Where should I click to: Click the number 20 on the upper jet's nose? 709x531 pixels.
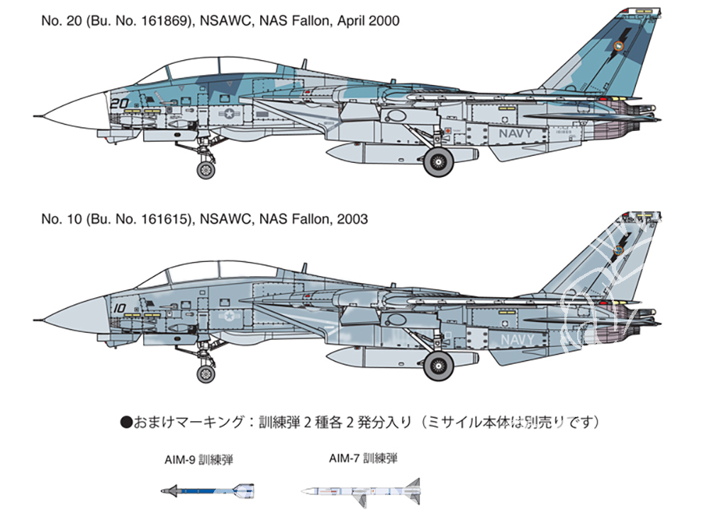119,103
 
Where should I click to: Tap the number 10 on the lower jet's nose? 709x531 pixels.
119,309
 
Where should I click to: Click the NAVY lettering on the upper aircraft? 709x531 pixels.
516,134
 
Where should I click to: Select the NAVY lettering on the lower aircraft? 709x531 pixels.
518,340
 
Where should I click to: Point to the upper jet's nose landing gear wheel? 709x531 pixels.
206,170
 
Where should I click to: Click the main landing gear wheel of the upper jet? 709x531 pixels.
438,161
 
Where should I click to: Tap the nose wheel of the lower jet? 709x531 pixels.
206,373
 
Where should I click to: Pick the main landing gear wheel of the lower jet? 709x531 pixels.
438,365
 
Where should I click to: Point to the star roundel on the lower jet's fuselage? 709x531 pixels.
230,315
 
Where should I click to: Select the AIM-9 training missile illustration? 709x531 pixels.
208,490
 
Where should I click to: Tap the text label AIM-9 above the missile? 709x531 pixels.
180,459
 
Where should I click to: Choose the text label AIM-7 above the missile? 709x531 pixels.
345,458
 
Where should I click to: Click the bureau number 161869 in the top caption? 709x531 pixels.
162,21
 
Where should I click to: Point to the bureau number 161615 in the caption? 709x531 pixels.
162,219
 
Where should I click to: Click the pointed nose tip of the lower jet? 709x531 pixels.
34,320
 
